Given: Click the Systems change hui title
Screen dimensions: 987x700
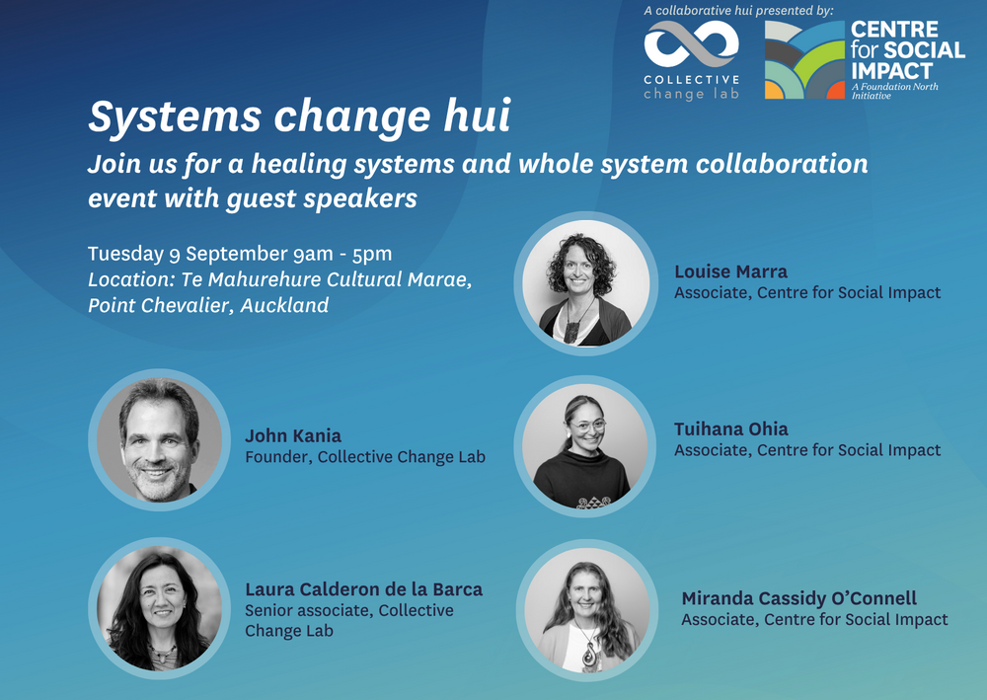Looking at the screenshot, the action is tap(299, 117).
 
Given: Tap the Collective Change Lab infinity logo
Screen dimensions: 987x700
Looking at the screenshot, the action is tap(691, 43).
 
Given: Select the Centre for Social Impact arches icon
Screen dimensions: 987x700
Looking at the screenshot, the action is tap(804, 60).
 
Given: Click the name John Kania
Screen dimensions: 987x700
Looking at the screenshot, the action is tap(293, 435).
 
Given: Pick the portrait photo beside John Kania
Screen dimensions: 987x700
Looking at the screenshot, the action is tap(159, 439).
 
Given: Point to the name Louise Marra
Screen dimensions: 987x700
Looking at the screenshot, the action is tap(730, 272).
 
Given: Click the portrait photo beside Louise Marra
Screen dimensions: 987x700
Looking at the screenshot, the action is tap(585, 282).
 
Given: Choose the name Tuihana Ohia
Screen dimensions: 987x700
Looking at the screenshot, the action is tap(730, 428).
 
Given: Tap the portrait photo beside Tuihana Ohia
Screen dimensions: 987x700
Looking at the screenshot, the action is tap(584, 445).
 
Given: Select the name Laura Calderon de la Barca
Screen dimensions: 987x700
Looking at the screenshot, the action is tap(364, 589).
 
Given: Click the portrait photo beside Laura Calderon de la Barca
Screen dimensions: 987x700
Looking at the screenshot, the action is tap(159, 608).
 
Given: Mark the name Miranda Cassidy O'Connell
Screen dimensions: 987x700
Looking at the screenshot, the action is tap(798, 598).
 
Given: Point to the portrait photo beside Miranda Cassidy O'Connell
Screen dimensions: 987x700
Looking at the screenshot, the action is tap(586, 610).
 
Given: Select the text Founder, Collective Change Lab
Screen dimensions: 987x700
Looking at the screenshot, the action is tap(365, 456).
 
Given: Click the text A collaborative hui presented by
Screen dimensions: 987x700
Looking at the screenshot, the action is tap(738, 11).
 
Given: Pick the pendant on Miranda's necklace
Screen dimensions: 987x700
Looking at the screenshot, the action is tap(588, 655).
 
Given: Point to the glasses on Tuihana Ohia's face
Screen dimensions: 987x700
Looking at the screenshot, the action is tap(588, 427).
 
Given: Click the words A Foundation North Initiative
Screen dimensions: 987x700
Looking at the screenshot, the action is tap(894, 91).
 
